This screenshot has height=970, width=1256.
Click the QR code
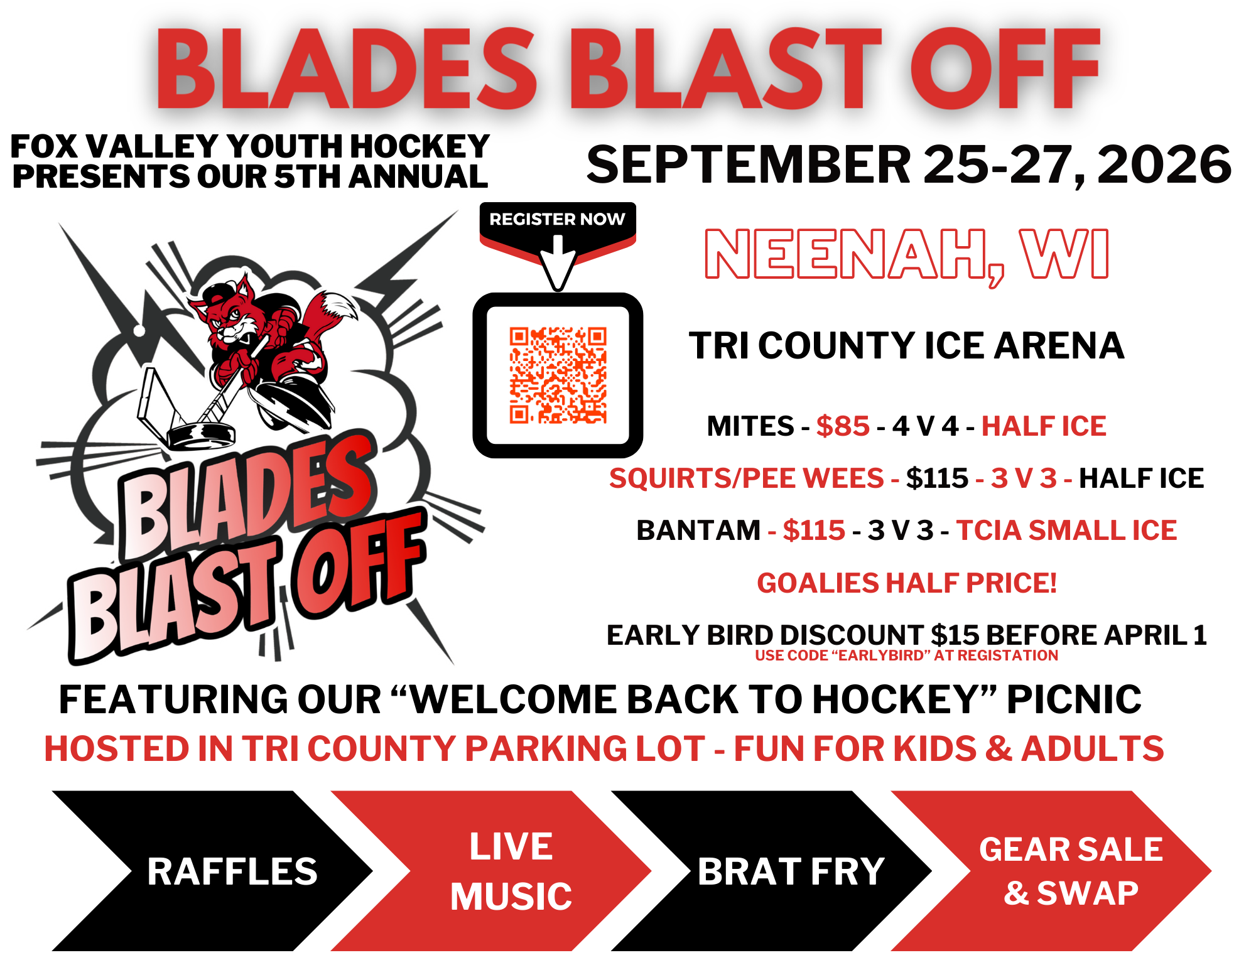[558, 375]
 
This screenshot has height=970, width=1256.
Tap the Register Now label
[557, 219]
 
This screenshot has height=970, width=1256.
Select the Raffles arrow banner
[212, 871]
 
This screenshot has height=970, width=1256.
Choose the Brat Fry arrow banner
[771, 871]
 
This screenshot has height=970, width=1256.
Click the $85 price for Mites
[843, 426]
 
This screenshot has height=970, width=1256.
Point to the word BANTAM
[698, 531]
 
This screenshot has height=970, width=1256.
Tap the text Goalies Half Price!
[907, 583]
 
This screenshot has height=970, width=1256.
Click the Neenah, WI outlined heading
[907, 254]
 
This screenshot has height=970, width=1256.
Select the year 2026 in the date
[1164, 164]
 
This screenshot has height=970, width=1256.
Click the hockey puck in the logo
[201, 435]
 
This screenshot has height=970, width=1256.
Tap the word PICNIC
[1074, 699]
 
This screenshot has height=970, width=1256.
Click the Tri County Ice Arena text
[906, 346]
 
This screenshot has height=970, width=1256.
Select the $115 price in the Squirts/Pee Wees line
[937, 478]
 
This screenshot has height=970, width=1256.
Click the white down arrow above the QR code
[558, 263]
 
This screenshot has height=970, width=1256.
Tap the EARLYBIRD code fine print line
[906, 655]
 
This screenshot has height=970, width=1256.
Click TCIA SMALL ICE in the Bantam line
[1066, 531]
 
